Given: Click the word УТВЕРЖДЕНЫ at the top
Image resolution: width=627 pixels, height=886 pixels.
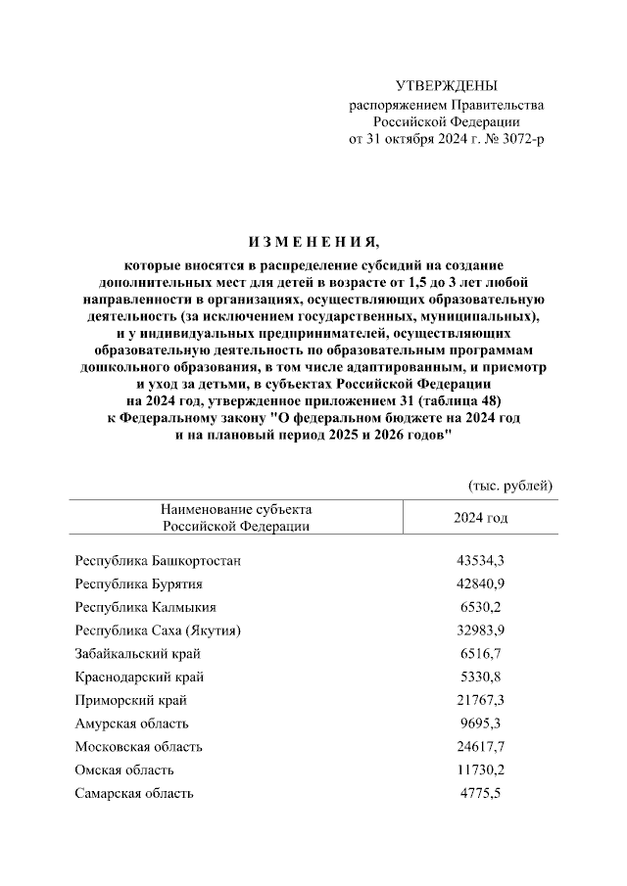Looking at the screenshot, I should point(446,86).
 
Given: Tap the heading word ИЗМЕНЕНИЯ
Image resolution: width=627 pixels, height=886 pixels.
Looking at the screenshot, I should point(313,242).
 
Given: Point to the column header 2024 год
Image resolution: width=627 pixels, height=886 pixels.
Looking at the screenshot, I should point(480,517).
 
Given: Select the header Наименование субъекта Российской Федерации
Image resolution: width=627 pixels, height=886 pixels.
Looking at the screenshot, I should point(236,517).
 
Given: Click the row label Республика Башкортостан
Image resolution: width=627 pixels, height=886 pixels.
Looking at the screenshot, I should point(158,561).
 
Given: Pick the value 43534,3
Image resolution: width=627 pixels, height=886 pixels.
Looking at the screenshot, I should point(480,561).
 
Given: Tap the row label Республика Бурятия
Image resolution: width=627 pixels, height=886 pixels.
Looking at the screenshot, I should point(138,584).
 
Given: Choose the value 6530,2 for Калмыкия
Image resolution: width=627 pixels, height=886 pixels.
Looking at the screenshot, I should point(480,607).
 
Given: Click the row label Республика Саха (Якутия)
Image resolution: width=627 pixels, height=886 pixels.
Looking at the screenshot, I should point(158,630).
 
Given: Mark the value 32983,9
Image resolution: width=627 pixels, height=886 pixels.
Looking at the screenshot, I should point(480,630).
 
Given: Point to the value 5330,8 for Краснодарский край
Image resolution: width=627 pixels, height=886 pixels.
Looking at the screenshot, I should point(480,676).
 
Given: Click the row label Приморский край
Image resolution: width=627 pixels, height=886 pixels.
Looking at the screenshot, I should point(130,700).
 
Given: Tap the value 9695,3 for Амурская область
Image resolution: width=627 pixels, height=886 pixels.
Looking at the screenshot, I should point(480,723).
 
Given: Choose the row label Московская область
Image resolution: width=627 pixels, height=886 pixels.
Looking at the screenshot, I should point(139,747).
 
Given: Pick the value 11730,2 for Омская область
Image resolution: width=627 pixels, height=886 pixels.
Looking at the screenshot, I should point(480,769).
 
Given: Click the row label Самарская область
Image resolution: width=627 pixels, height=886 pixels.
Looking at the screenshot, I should point(134,793).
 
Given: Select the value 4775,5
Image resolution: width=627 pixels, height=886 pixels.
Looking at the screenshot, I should point(480,793).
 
